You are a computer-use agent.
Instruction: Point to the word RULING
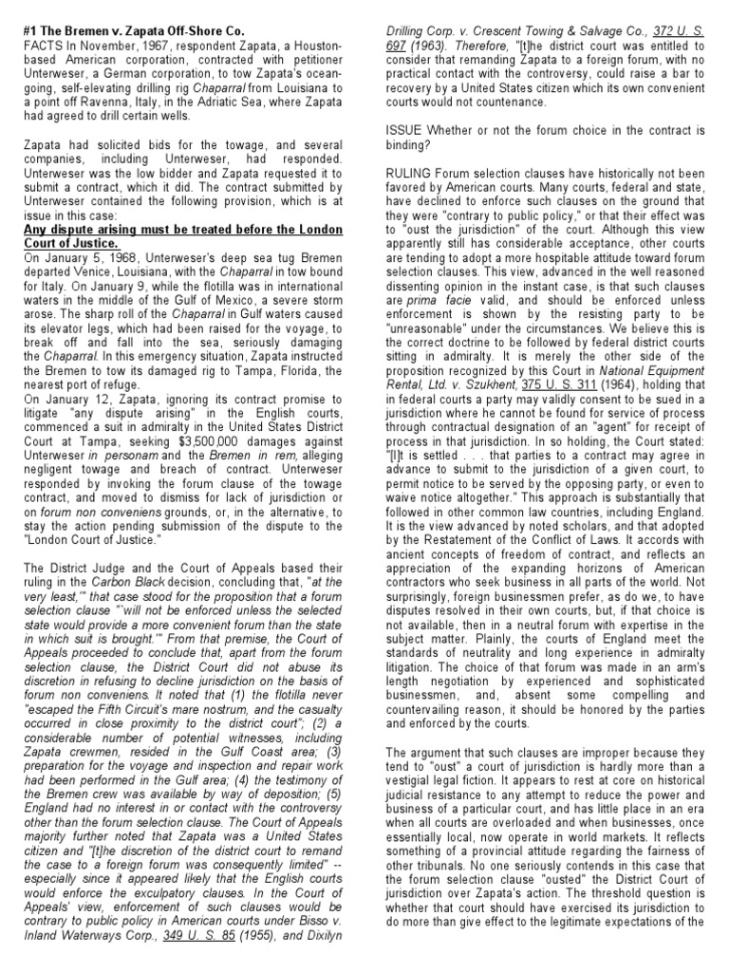tap(399, 174)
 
